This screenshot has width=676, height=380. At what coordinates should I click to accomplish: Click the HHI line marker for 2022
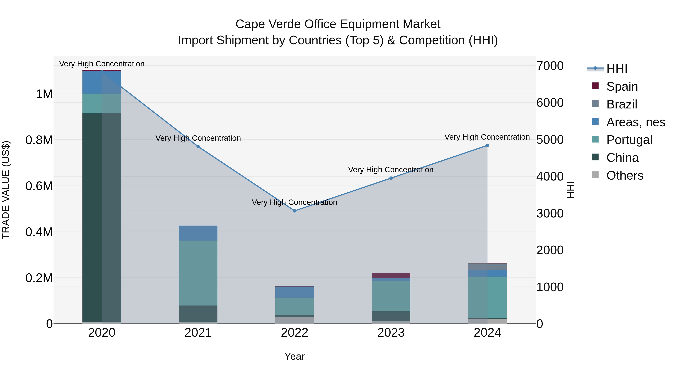coord(294,211)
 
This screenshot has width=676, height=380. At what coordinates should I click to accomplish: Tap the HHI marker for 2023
coord(391,178)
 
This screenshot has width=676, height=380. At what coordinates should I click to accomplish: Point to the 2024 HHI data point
coord(487,145)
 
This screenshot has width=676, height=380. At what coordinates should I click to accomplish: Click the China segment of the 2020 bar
coord(102,218)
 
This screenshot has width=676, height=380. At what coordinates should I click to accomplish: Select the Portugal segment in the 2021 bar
coord(198,273)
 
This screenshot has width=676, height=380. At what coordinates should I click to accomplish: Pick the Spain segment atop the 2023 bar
coord(391,276)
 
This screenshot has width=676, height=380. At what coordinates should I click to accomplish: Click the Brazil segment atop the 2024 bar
coord(487,267)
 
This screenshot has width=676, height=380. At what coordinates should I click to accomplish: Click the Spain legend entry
coord(622,87)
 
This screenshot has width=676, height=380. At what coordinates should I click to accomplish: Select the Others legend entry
coord(625,175)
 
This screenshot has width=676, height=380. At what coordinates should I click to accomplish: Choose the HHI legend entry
coord(617,69)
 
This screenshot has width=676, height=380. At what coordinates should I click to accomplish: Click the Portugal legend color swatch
coord(595,139)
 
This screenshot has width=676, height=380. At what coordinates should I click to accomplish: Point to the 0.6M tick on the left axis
coord(39,186)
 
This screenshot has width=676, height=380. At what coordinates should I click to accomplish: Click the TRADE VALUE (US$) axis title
coord(6,190)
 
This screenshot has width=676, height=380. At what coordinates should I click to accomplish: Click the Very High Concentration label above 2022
coord(294,202)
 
